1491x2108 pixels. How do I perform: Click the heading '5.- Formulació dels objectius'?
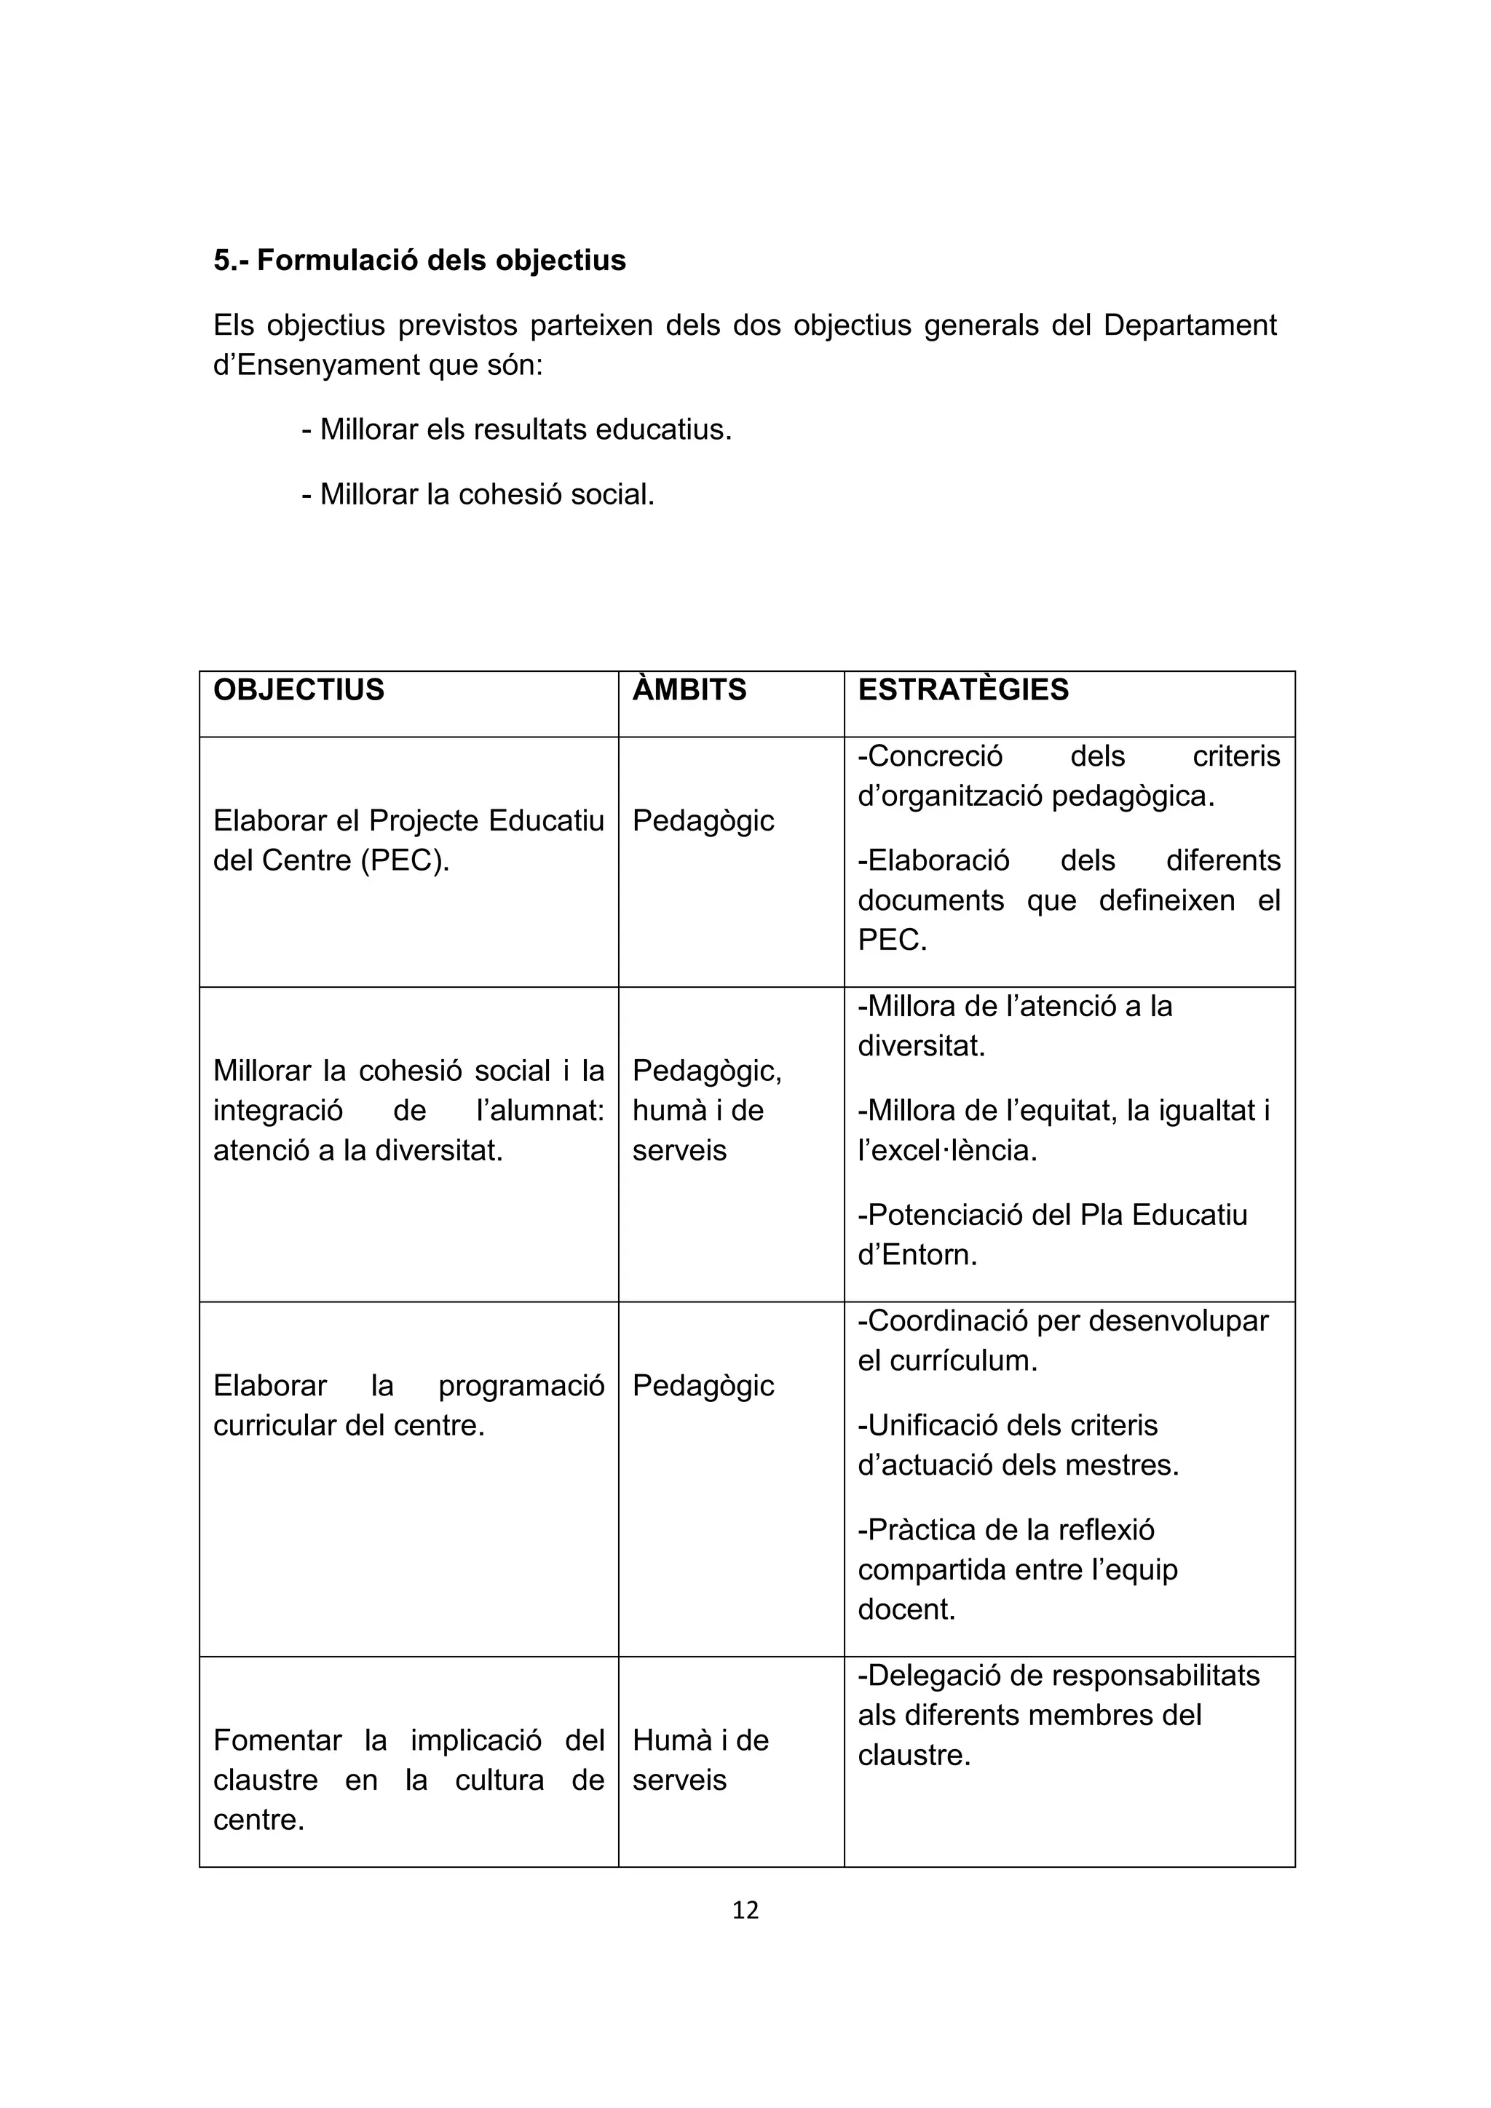419,261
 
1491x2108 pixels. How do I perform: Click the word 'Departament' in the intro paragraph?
1189,325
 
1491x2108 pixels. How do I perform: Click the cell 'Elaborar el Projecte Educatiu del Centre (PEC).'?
408,840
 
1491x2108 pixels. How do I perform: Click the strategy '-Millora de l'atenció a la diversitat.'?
1013,1026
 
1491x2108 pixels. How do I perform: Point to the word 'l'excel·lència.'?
946,1150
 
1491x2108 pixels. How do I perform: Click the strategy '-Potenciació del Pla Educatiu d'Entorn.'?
1051,1235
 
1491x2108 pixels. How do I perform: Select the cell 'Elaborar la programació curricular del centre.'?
408,1405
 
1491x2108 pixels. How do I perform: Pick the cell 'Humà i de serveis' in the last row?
700,1759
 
